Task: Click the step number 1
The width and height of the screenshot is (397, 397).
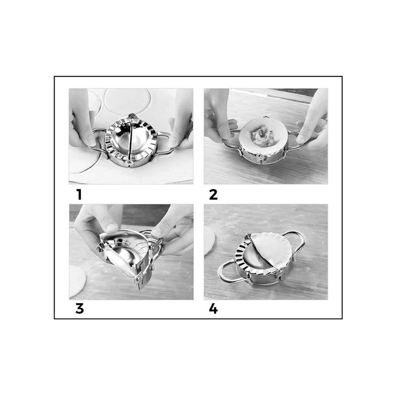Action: (x=79, y=195)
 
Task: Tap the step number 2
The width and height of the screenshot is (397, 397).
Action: (x=213, y=195)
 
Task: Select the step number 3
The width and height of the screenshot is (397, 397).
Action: (x=79, y=308)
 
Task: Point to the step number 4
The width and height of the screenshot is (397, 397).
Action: (x=213, y=308)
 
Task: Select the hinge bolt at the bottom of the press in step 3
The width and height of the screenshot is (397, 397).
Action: (x=138, y=279)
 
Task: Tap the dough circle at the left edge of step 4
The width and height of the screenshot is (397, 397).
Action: (x=209, y=240)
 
